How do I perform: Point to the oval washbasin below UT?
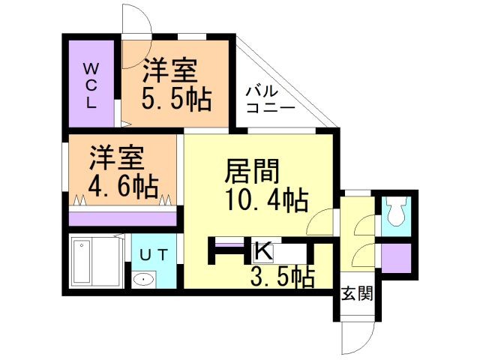(142, 280)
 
